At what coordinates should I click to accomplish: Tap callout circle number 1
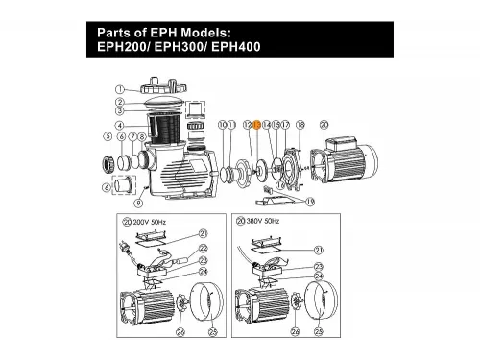(120, 90)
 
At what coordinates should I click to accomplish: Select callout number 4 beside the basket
(119, 125)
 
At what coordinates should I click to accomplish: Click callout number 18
(300, 125)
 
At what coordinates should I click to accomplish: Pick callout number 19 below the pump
(309, 201)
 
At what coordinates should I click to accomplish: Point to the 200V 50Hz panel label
(149, 221)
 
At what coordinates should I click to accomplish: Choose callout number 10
(223, 125)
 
